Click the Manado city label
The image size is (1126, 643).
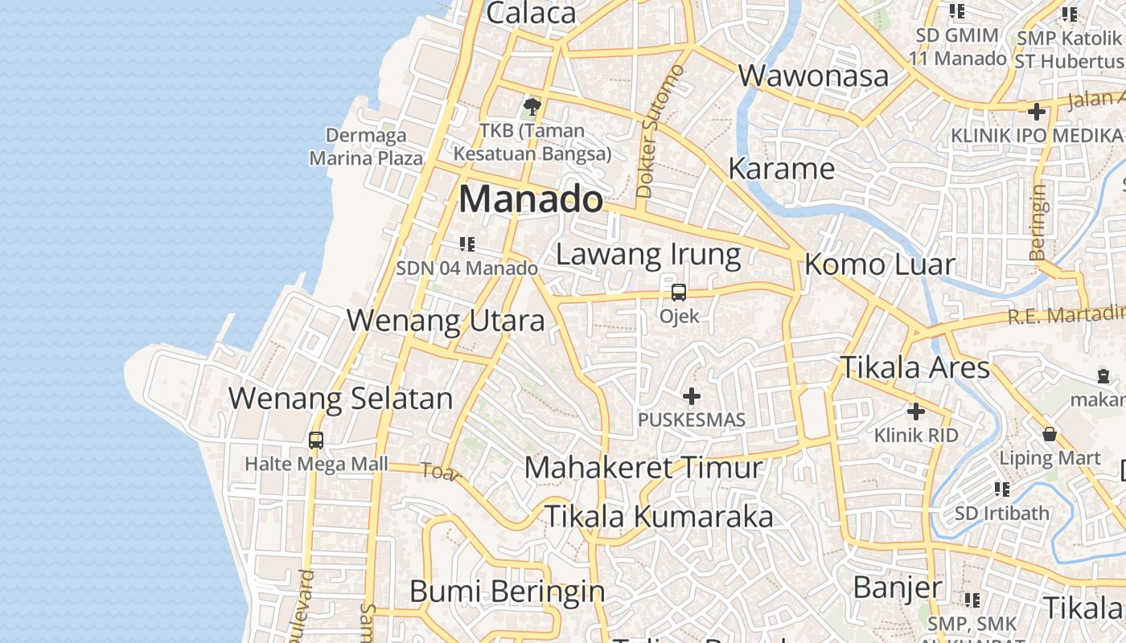tap(530, 199)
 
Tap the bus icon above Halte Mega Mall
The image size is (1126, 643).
tap(316, 440)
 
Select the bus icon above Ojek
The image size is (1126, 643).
tap(679, 292)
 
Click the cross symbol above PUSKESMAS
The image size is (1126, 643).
tap(692, 395)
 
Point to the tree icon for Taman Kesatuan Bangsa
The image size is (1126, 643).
tap(532, 106)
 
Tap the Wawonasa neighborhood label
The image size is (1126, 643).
tap(813, 76)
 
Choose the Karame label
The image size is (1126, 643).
tap(781, 169)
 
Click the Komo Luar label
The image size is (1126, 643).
tap(879, 264)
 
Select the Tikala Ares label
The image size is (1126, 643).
tap(914, 367)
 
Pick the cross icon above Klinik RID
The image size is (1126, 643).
tap(916, 412)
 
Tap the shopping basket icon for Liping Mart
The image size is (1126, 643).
tap(1050, 434)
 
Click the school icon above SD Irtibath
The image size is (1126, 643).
tap(1001, 489)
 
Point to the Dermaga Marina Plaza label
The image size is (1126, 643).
tap(366, 146)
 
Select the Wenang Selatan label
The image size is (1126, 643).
tap(340, 398)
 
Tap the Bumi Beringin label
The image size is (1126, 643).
tap(507, 592)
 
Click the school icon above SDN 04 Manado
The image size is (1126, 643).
tap(466, 244)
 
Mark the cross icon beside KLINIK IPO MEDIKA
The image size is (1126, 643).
tap(1036, 111)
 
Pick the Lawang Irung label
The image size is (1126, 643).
tap(648, 255)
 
